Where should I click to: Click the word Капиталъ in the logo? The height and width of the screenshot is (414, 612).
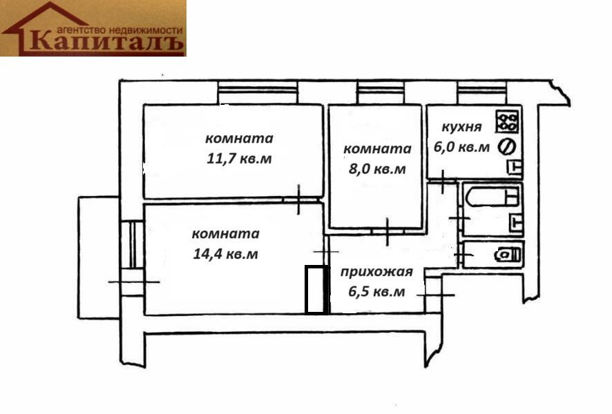click(108, 42)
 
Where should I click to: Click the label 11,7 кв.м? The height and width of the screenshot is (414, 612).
click(239, 159)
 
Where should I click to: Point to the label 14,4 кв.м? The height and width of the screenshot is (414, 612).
click(226, 254)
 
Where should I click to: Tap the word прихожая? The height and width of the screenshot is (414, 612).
click(376, 271)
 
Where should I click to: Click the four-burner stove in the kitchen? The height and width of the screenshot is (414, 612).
click(507, 122)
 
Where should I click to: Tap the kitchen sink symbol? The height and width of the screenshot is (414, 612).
click(514, 166)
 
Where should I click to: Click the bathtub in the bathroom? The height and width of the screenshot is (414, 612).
click(492, 197)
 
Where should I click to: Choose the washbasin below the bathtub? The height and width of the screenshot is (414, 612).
click(515, 221)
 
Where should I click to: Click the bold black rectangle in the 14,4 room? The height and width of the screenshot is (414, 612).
click(316, 290)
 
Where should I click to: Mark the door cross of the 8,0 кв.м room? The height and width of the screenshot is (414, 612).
click(387, 231)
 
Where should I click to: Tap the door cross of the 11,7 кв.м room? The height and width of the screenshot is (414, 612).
click(298, 200)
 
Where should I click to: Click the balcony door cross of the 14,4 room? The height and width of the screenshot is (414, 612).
click(134, 282)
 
